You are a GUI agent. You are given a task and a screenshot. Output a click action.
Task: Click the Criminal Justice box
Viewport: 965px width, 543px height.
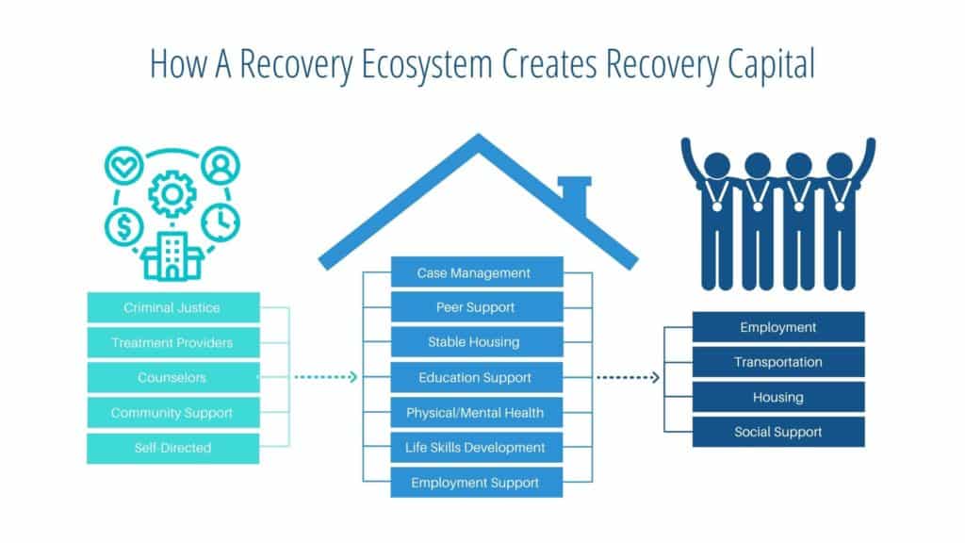click(172, 307)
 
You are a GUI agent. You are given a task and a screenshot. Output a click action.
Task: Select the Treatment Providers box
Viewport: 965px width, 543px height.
click(172, 342)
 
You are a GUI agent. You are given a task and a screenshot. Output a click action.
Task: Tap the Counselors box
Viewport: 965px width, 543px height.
click(172, 377)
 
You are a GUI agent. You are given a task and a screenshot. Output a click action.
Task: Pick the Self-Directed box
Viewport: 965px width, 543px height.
click(172, 448)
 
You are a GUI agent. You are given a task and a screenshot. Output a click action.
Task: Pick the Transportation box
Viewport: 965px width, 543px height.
click(777, 362)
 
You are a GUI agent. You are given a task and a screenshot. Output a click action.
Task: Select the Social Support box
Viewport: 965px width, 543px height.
click(777, 432)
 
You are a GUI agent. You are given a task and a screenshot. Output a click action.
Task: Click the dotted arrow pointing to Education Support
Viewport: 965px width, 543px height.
click(326, 377)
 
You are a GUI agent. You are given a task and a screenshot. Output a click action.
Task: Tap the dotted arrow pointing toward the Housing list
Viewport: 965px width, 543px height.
click(628, 377)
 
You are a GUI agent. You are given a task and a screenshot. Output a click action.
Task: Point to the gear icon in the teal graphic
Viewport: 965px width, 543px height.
click(172, 194)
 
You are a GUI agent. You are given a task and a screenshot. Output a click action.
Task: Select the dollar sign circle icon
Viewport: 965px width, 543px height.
click(123, 225)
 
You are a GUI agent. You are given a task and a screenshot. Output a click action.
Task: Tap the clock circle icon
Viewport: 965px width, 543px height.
click(221, 221)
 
